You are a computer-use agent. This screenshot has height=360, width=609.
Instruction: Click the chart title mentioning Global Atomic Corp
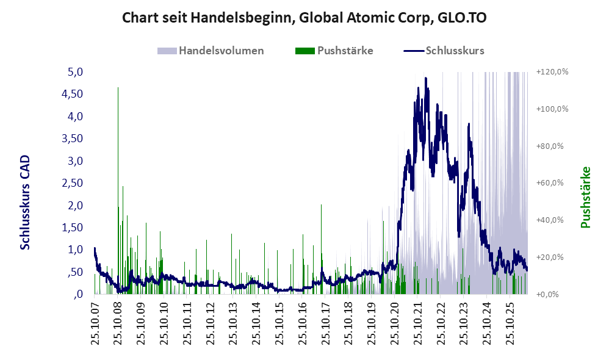pyautogui.click(x=304, y=18)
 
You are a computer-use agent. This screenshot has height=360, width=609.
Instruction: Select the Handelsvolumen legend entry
pyautogui.click(x=211, y=51)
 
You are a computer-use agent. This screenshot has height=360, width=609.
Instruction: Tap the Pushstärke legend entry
pyautogui.click(x=334, y=51)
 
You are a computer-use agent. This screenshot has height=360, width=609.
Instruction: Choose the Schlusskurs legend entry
pyautogui.click(x=444, y=51)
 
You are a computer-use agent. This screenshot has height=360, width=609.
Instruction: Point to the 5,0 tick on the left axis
pyautogui.click(x=75, y=72)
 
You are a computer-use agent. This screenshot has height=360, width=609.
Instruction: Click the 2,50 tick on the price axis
pyautogui.click(x=73, y=183)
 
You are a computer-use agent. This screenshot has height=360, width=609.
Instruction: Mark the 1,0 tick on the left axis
pyautogui.click(x=75, y=250)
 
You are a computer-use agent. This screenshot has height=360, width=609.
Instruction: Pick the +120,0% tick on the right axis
pyautogui.click(x=552, y=72)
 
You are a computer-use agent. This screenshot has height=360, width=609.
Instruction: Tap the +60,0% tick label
pyautogui.click(x=550, y=183)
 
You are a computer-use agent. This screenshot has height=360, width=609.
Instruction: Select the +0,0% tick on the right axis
pyautogui.click(x=547, y=294)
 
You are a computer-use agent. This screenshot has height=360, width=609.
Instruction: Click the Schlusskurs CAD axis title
pyautogui.click(x=25, y=203)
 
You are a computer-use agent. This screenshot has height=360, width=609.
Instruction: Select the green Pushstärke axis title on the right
pyautogui.click(x=585, y=197)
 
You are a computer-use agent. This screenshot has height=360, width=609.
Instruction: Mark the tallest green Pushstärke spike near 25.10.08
pyautogui.click(x=118, y=190)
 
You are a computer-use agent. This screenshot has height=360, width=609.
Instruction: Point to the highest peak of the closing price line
pyautogui.click(x=426, y=78)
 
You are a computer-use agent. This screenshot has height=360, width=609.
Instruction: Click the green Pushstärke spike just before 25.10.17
pyautogui.click(x=321, y=248)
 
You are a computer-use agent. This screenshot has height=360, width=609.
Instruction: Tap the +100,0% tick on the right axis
pyautogui.click(x=552, y=109)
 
